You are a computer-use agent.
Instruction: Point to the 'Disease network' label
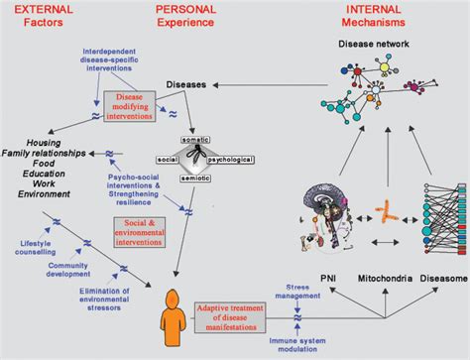point(373,44)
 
